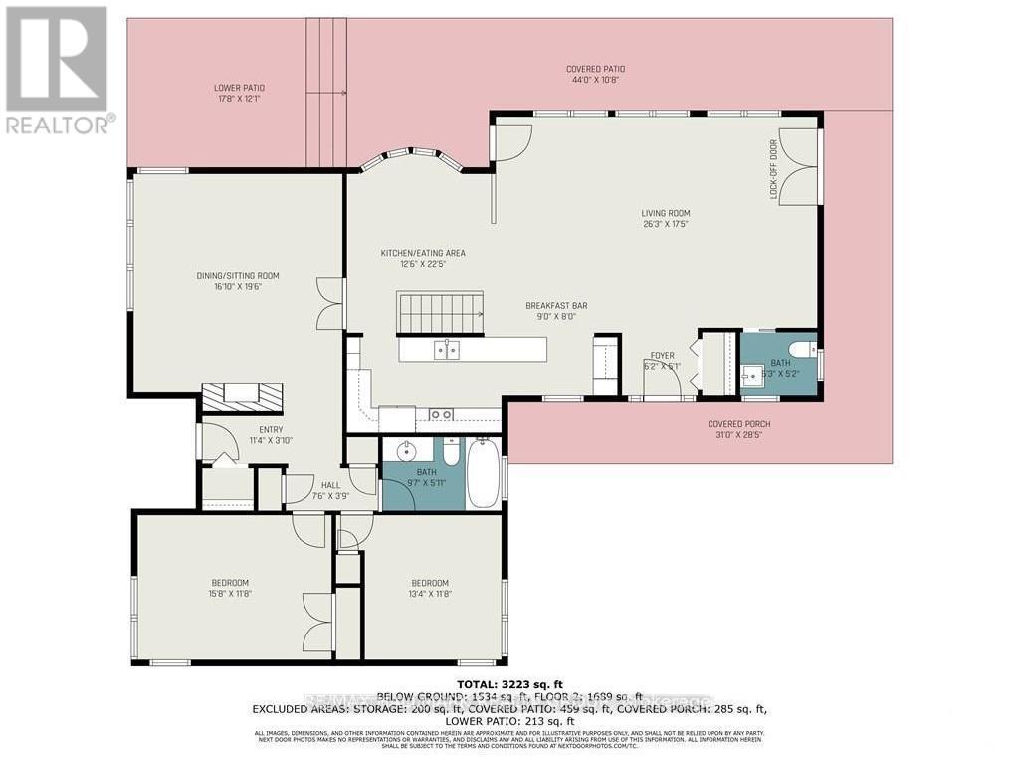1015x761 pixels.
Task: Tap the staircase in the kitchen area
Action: [x=440, y=312]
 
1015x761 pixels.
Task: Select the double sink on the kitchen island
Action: [x=446, y=349]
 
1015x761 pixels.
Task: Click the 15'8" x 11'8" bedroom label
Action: [x=230, y=588]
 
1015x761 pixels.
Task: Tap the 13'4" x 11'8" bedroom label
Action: [x=430, y=588]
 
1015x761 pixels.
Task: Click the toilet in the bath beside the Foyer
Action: [x=809, y=350]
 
